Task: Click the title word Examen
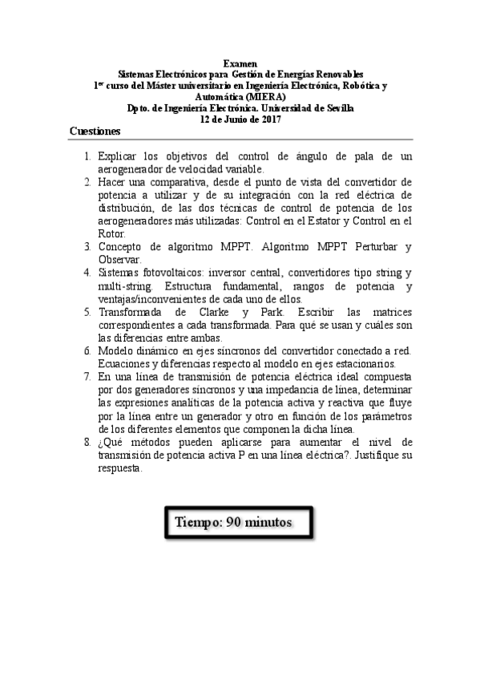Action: click(x=240, y=63)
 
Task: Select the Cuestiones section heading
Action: click(x=95, y=131)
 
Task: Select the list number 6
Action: click(x=87, y=351)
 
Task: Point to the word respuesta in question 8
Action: click(x=119, y=470)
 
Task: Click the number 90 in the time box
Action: click(x=235, y=521)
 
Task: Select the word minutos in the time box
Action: click(x=270, y=521)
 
